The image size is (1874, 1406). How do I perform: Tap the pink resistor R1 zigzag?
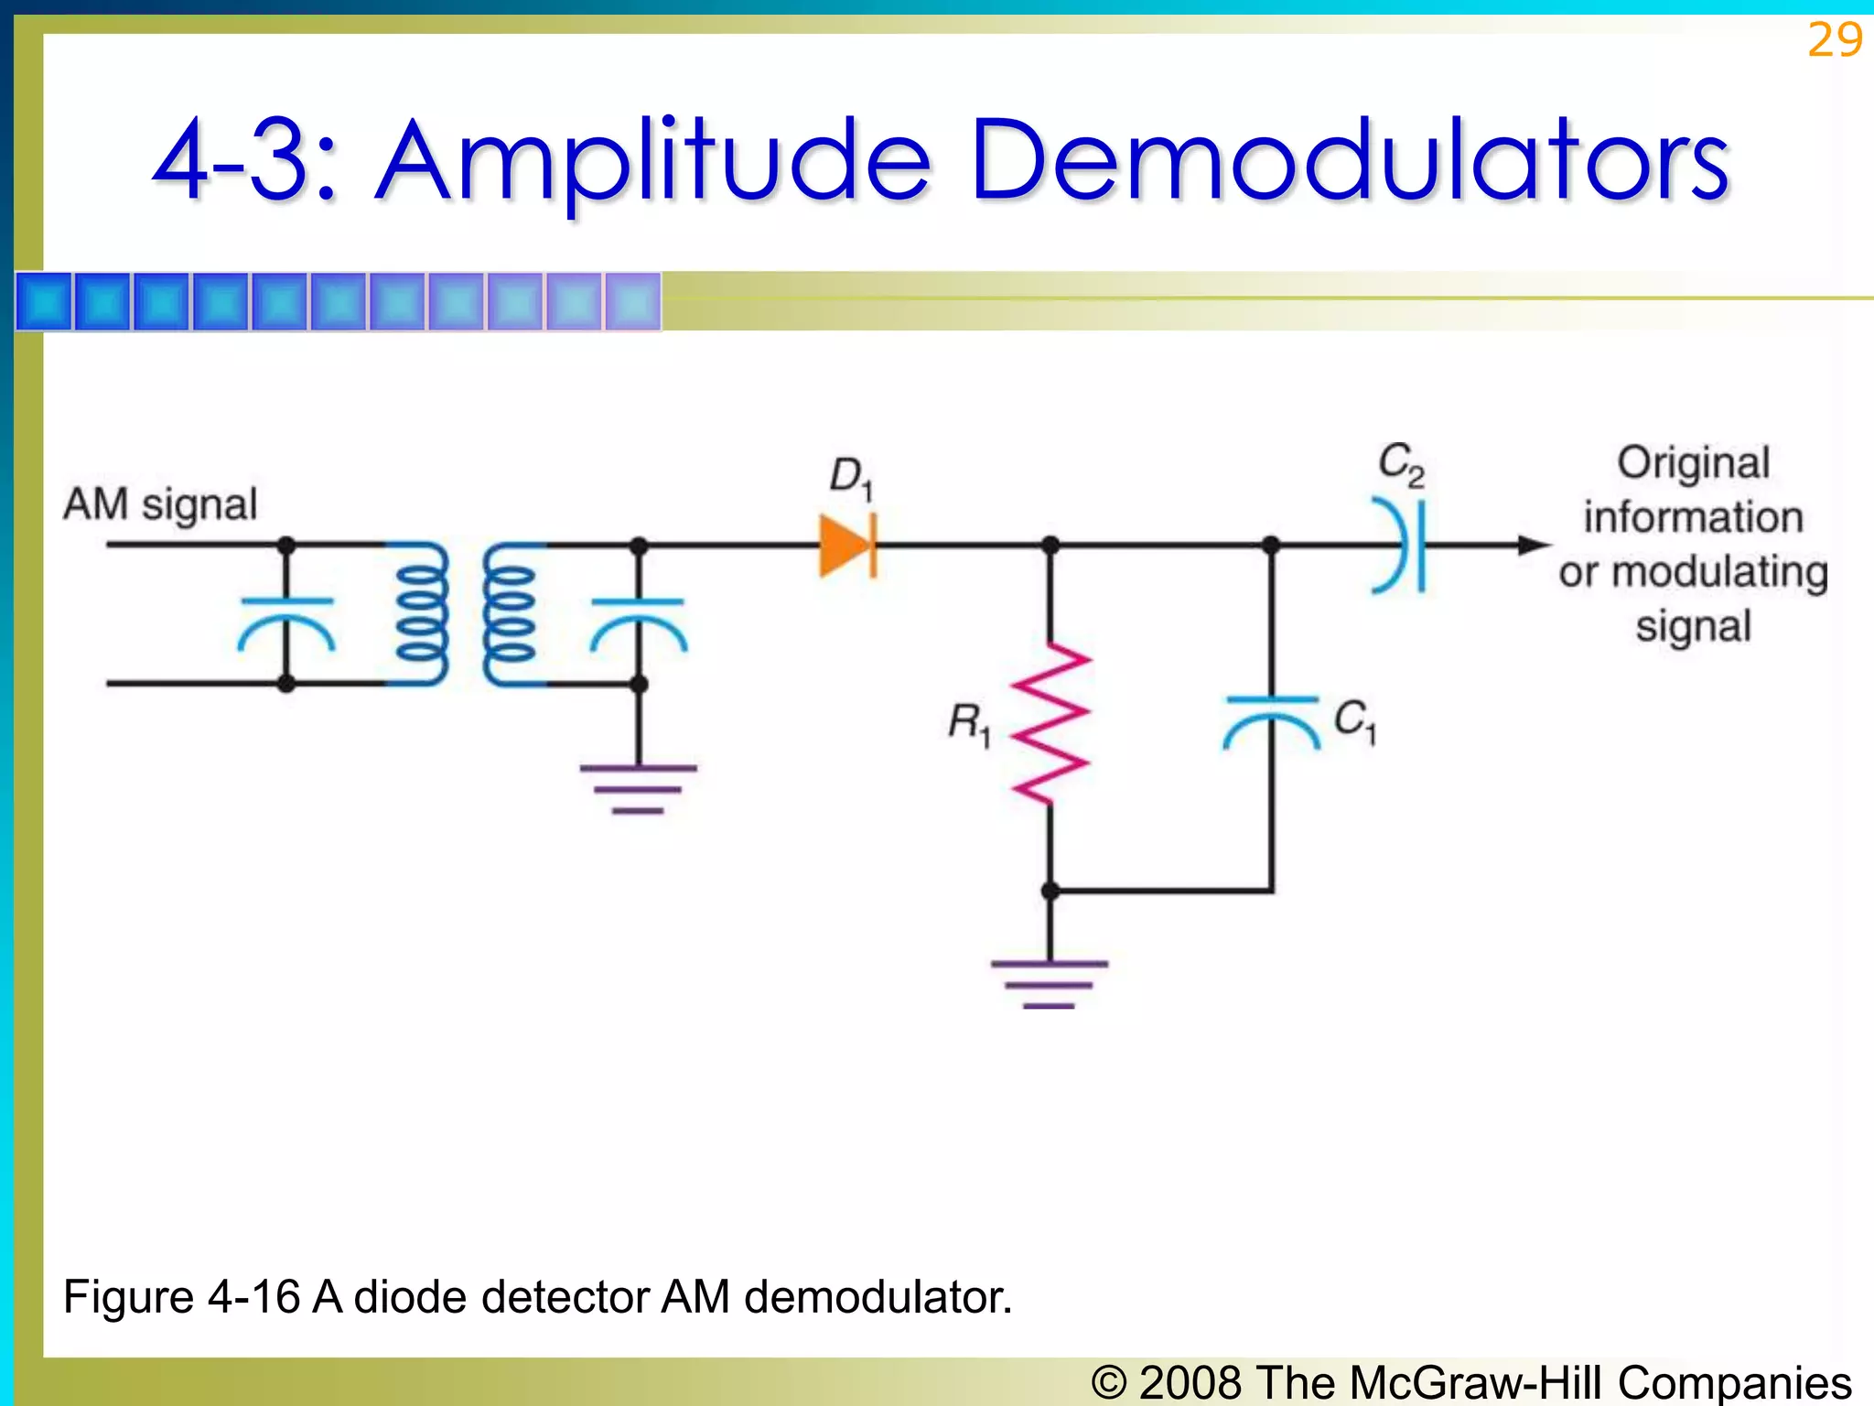[x=1050, y=723]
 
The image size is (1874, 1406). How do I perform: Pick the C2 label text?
[x=1401, y=465]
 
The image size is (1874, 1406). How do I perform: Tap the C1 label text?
[x=1355, y=720]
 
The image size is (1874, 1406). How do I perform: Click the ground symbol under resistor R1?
[x=1050, y=984]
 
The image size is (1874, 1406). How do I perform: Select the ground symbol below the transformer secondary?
[x=639, y=788]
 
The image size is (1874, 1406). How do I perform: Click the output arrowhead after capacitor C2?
[x=1533, y=546]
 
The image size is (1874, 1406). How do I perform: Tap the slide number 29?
[x=1834, y=40]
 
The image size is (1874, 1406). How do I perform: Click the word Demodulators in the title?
[x=1349, y=163]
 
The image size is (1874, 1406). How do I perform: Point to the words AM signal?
[x=161, y=504]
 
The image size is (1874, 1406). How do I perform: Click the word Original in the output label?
[x=1693, y=463]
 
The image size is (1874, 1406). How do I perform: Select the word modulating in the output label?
[x=1719, y=572]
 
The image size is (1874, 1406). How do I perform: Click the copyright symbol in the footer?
[x=1109, y=1382]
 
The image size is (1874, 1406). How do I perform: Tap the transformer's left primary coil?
[x=422, y=613]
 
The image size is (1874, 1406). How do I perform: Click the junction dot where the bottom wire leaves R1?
[x=1050, y=891]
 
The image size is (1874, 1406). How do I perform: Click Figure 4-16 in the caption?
[x=181, y=1297]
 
